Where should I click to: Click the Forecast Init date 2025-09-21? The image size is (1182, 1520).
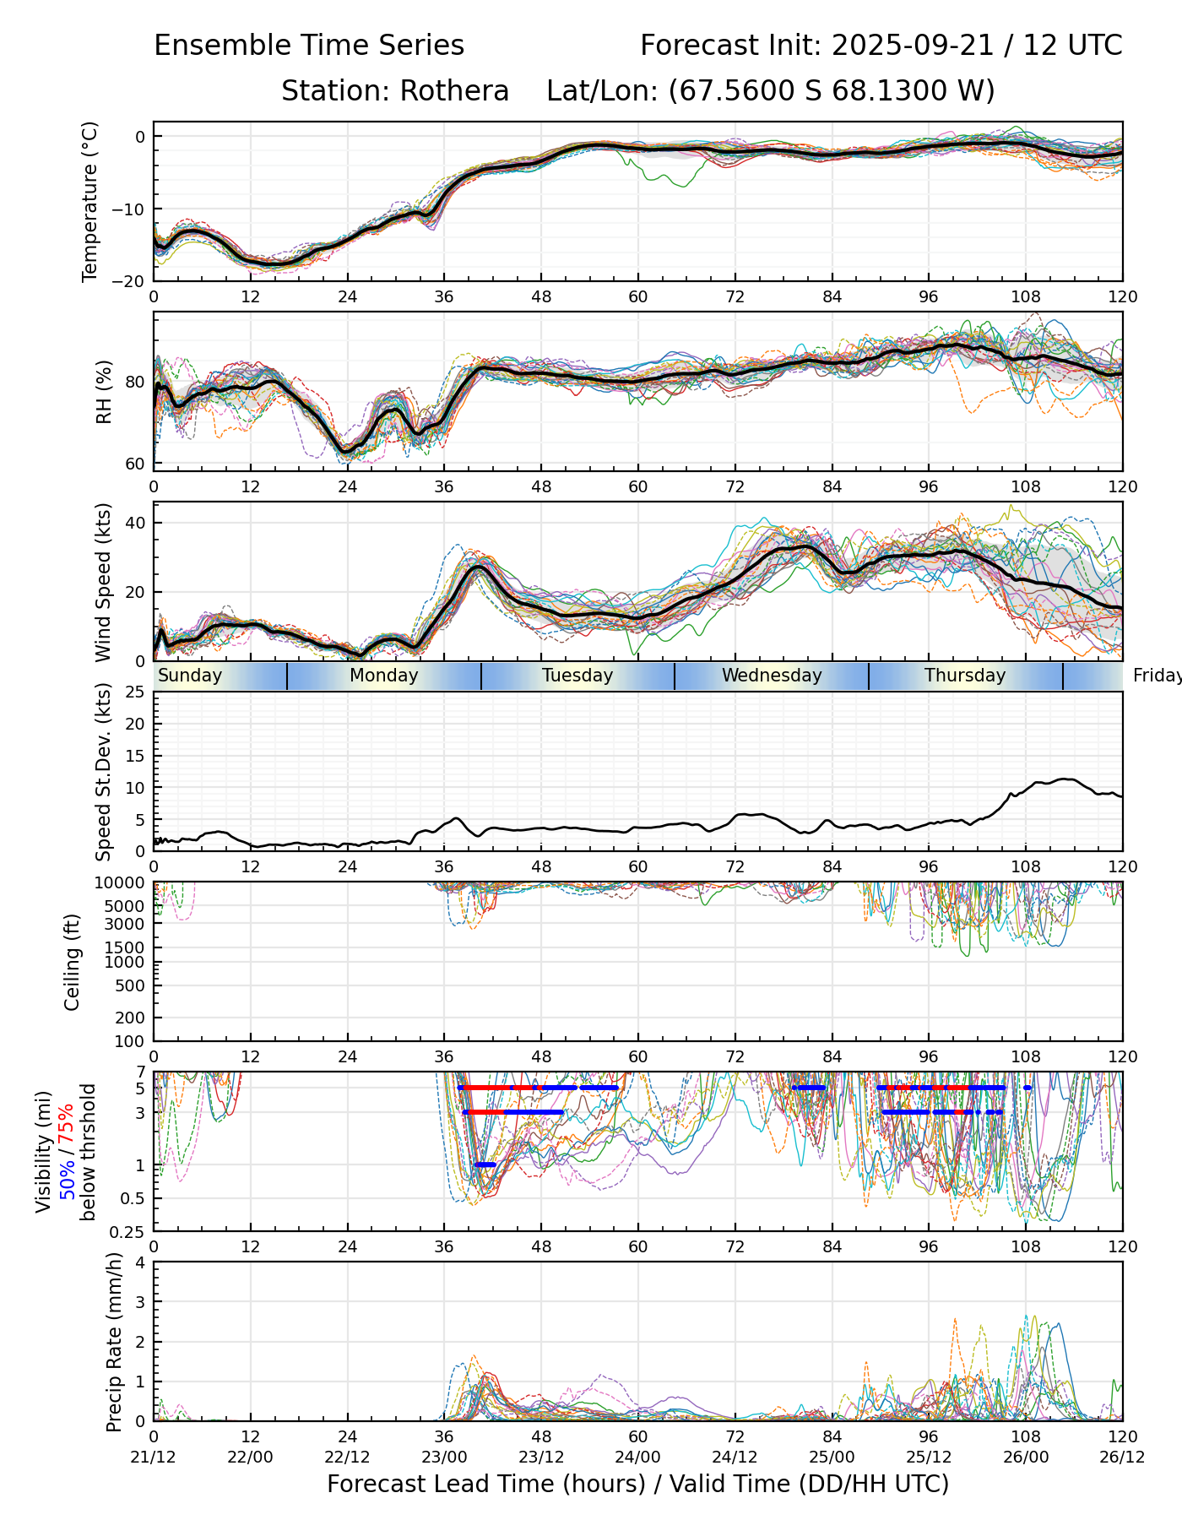tap(913, 46)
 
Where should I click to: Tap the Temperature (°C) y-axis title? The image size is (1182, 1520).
tap(90, 201)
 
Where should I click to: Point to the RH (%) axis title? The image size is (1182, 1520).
tap(104, 392)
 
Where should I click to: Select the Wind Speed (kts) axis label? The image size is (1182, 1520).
tap(104, 582)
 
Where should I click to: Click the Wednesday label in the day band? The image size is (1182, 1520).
tap(772, 676)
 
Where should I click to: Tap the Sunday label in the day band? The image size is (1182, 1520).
tap(190, 676)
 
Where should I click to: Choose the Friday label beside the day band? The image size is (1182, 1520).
tap(1158, 676)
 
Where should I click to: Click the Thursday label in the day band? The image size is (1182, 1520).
tap(965, 676)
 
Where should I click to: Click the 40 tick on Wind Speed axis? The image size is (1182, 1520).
tap(136, 523)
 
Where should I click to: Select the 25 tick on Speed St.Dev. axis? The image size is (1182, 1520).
tap(136, 692)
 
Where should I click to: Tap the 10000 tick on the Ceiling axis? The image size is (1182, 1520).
tap(124, 883)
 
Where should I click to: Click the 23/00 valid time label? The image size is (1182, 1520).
tap(444, 1457)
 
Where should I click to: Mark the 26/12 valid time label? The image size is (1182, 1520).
tap(1122, 1457)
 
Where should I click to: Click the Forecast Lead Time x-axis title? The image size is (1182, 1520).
tap(637, 1485)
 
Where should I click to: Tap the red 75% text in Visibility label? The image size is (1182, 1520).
tap(66, 1124)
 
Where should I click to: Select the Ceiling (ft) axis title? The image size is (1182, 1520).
tap(73, 962)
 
